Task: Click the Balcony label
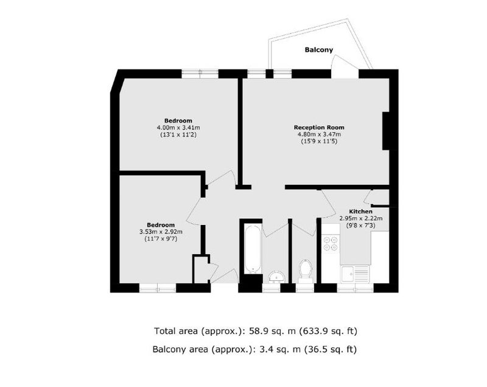tap(318, 50)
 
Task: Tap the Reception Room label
tap(319, 127)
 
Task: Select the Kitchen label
tap(360, 211)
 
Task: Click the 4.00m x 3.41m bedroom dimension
tap(178, 127)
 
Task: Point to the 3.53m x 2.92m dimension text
tap(161, 232)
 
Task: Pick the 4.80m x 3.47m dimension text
tap(319, 134)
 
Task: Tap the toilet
tap(305, 271)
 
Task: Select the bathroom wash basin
tap(276, 277)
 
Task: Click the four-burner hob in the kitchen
tap(331, 244)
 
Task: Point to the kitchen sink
tap(355, 274)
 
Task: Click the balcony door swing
tap(345, 66)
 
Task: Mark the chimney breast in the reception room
tap(386, 131)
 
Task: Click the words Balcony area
tap(180, 349)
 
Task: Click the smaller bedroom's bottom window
tap(158, 289)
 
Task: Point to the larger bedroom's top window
tap(200, 74)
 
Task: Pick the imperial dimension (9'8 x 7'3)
tap(360, 225)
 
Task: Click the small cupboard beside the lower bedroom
tap(201, 269)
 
